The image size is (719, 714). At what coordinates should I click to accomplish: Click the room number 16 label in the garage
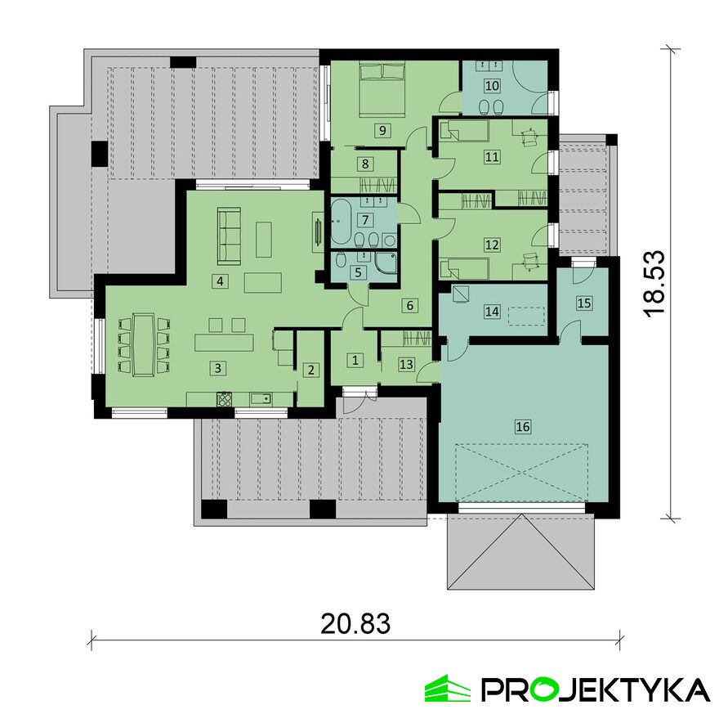[523, 425]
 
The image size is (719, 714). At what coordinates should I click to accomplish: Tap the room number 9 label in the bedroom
[379, 129]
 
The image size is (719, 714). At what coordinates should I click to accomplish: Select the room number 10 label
[492, 85]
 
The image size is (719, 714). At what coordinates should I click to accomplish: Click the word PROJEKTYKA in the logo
[594, 689]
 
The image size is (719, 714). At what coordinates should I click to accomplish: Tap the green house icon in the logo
[448, 689]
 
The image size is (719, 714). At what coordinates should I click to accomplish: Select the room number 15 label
[584, 303]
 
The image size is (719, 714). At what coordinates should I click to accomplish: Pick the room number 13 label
[405, 363]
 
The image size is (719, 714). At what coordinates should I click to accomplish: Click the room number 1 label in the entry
[355, 358]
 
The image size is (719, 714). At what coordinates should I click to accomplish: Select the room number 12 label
[491, 244]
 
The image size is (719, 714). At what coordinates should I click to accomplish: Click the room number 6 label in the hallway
[411, 305]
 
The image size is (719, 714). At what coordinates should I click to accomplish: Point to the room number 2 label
[310, 370]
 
